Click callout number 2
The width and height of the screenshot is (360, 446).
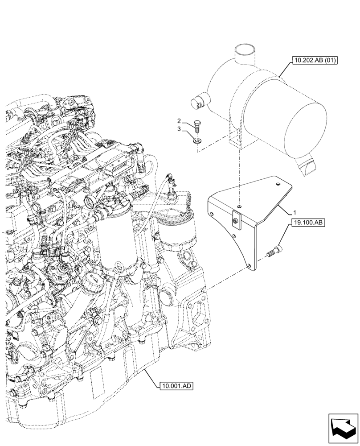179,121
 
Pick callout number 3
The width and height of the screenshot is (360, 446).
179,129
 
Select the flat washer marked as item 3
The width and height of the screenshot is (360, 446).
197,141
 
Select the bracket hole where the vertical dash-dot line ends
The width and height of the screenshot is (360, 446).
239,206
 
